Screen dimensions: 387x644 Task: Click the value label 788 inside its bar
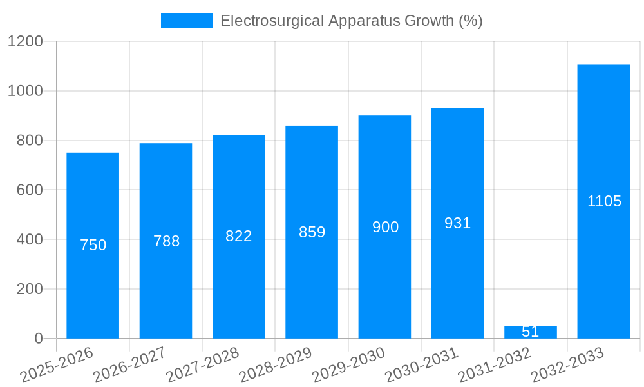tap(166, 241)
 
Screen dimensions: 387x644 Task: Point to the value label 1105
tap(604, 201)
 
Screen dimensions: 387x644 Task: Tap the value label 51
tap(530, 332)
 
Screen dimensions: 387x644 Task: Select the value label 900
tap(385, 227)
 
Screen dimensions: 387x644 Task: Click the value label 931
tap(457, 223)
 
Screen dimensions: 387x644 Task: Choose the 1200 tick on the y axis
tap(25, 42)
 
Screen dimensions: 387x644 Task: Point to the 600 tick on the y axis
tap(30, 190)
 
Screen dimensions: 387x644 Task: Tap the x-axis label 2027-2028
tap(202, 365)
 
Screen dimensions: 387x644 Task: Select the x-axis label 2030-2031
tap(421, 365)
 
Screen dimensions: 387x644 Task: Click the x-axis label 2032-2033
tap(567, 365)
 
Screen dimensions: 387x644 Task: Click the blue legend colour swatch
tap(186, 21)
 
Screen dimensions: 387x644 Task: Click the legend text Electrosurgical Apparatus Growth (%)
tap(351, 21)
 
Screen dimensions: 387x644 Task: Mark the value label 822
tap(238, 236)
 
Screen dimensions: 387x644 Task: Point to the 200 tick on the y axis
tap(30, 289)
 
